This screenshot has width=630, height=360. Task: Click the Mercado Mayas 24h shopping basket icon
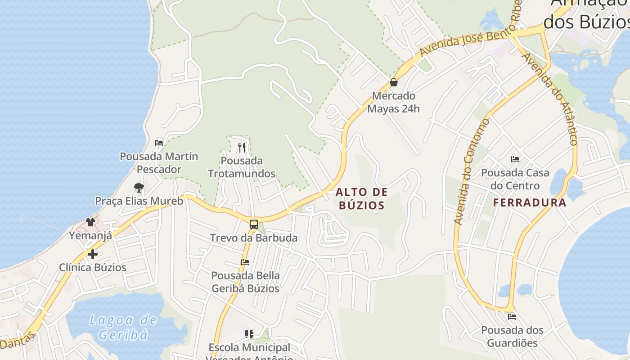click(x=394, y=82)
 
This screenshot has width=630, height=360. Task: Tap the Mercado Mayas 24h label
click(x=394, y=102)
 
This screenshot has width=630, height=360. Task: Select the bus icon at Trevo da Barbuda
click(x=254, y=224)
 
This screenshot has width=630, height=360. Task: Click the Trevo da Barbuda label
click(x=254, y=238)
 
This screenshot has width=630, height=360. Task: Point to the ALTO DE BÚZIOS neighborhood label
click(x=361, y=199)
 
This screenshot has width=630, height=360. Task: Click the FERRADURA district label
click(x=530, y=202)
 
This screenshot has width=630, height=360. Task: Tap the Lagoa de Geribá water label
click(x=123, y=327)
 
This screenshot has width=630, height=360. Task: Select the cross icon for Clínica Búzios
click(x=93, y=254)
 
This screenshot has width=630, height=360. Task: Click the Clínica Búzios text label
click(x=93, y=267)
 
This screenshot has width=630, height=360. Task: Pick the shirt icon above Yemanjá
click(x=90, y=222)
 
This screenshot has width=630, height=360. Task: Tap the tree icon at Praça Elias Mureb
click(x=139, y=187)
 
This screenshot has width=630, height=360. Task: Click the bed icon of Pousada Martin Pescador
click(x=158, y=143)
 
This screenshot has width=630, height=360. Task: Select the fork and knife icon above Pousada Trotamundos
click(x=242, y=147)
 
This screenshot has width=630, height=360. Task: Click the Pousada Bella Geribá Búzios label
click(x=245, y=282)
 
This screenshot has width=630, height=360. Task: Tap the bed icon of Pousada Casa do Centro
click(x=515, y=159)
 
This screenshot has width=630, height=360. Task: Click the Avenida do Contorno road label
click(x=470, y=172)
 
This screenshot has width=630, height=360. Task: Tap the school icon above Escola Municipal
click(x=249, y=334)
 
